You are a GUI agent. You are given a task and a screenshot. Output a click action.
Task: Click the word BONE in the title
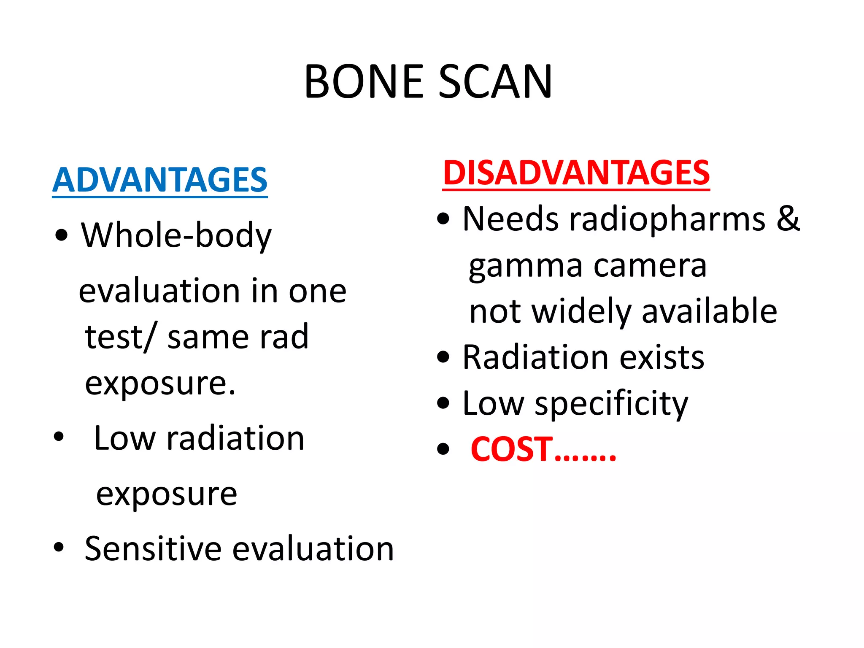coord(364,82)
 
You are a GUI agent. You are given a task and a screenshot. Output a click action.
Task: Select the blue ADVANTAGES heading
coord(160,180)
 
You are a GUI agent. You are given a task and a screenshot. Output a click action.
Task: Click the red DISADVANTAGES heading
coord(576,173)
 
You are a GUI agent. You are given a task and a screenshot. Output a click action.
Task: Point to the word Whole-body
coord(176,236)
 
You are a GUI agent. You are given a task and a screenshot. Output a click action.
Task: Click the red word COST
coord(512,449)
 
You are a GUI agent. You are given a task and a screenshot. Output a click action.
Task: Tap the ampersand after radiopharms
coord(788,219)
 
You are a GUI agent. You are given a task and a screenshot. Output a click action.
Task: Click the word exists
coord(662,358)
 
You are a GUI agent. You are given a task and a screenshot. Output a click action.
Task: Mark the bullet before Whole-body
coord(62,235)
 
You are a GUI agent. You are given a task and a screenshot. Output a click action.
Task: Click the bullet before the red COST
coord(443,449)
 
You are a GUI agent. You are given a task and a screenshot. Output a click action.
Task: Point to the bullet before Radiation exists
coord(443,357)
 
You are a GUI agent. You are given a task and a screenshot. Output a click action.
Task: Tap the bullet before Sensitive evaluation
coord(59,548)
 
